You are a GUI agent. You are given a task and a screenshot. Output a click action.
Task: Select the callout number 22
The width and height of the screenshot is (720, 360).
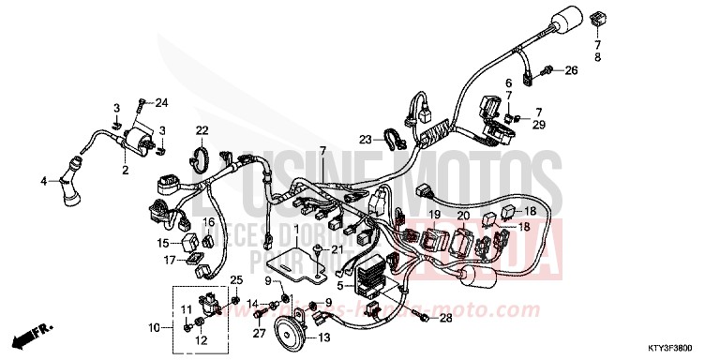pos(202,129)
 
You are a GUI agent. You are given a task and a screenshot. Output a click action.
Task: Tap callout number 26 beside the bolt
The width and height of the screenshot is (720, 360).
pos(571,70)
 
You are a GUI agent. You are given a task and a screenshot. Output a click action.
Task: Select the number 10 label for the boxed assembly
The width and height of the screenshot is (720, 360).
pos(154,328)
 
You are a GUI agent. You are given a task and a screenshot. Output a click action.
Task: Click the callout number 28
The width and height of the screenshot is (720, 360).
pos(445,319)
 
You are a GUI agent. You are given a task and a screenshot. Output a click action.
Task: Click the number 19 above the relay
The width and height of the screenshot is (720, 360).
pos(435,216)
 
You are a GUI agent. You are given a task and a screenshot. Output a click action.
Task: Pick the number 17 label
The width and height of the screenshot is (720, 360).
pos(170,260)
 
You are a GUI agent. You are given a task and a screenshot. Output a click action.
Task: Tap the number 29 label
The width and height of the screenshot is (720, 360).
pos(539,125)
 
